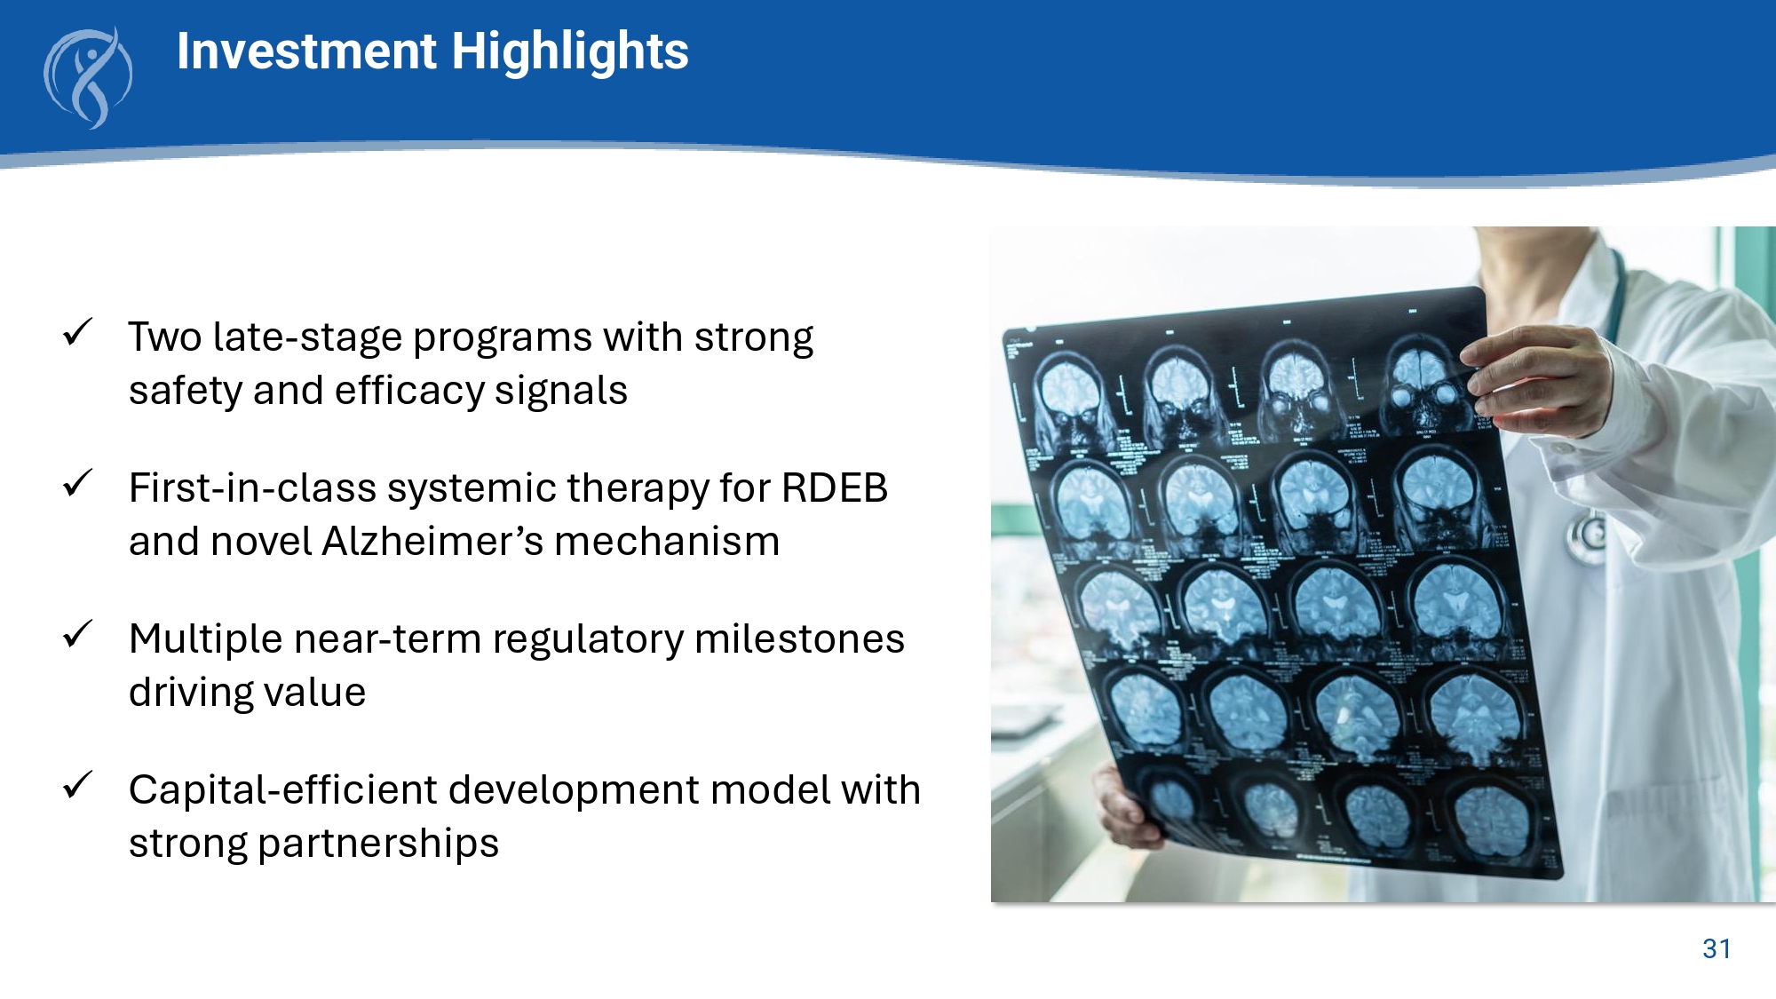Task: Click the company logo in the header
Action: point(88,78)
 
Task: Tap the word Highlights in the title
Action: point(570,52)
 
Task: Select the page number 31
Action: point(1717,948)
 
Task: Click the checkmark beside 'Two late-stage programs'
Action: point(78,333)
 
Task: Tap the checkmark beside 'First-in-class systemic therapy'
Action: point(78,484)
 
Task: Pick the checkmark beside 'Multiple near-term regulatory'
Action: point(78,635)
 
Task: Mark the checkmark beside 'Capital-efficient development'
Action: point(78,786)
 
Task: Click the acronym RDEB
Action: point(834,488)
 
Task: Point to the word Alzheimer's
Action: point(432,541)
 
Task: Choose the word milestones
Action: point(799,638)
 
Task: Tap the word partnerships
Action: point(378,844)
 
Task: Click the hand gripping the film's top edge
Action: point(1541,382)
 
